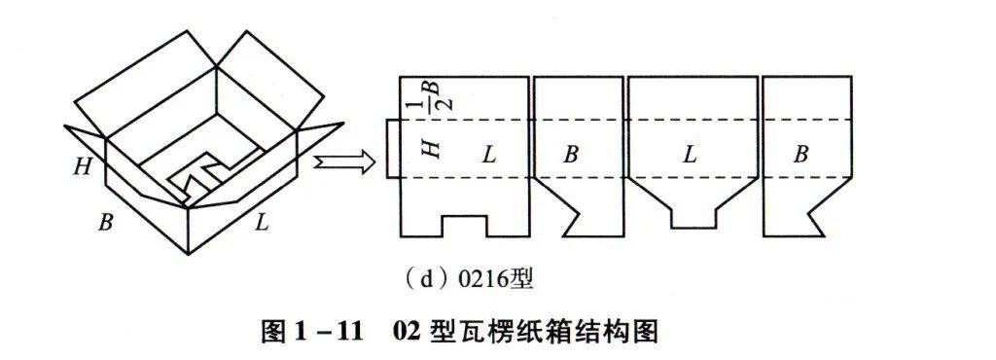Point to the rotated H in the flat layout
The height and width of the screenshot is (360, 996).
(x=432, y=149)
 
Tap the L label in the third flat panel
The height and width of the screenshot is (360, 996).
(x=689, y=154)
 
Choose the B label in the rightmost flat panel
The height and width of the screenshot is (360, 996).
(x=801, y=154)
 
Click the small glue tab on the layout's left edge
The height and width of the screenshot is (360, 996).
(x=393, y=149)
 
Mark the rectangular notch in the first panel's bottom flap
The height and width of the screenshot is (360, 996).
(x=464, y=225)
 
